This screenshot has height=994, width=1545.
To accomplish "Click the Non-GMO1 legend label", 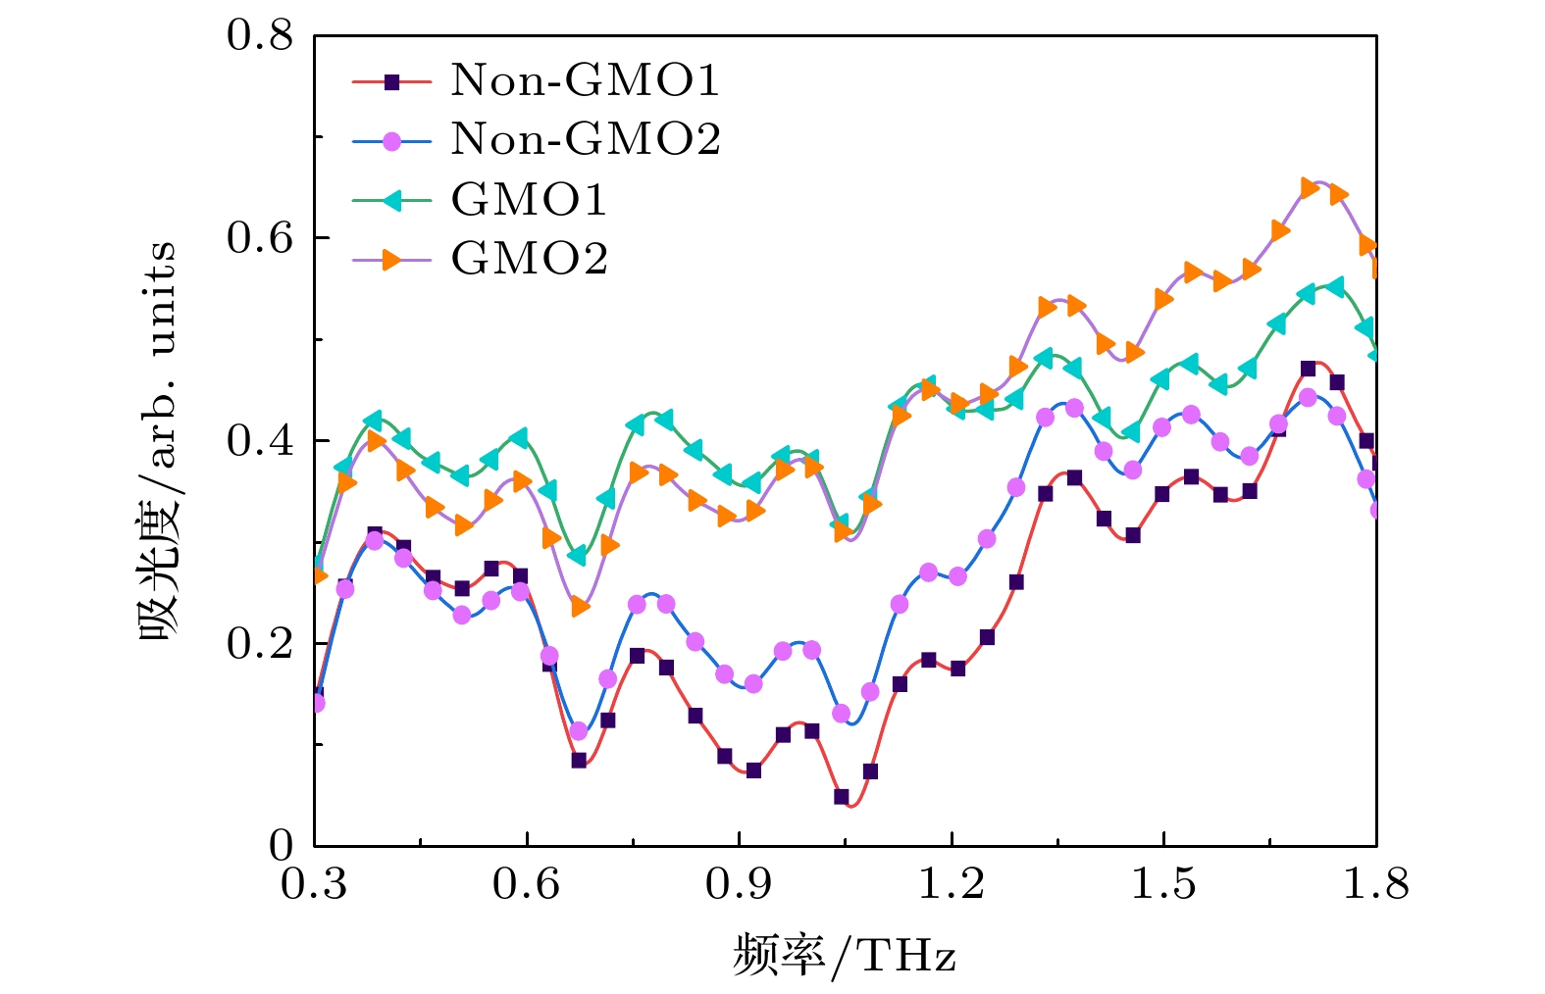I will [585, 80].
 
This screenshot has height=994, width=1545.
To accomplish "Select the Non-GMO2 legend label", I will [586, 140].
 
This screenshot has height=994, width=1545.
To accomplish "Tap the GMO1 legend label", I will [529, 200].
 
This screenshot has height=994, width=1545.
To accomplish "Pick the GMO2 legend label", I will [530, 259].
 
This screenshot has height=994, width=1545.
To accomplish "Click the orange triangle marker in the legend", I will [391, 259].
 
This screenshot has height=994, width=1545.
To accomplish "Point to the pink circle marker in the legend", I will [391, 141].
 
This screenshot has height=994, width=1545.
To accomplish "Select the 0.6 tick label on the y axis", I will [260, 238].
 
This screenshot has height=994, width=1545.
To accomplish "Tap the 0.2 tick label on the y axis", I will [260, 644].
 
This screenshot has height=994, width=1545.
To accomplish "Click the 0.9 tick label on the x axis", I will [739, 883].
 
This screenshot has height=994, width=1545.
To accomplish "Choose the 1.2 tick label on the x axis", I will [951, 883].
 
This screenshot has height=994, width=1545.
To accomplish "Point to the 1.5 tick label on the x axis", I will [1163, 883].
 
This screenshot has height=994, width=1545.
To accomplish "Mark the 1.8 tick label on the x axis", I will [1375, 883].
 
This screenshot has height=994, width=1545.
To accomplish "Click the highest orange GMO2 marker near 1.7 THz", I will [1309, 187].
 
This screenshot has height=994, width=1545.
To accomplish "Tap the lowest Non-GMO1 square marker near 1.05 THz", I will [842, 797].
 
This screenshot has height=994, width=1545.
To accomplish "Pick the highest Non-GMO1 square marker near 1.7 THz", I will [1308, 369].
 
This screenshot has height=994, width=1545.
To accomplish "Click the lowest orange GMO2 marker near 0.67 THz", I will [580, 607].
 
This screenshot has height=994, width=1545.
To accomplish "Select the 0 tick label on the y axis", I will [282, 845].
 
